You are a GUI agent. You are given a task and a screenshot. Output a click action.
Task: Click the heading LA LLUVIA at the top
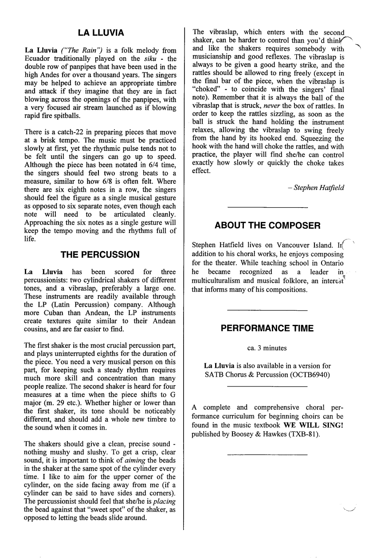(100, 32)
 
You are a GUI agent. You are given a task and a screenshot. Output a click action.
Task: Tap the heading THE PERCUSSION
(100, 255)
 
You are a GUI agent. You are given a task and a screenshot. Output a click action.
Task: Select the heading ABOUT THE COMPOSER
(267, 225)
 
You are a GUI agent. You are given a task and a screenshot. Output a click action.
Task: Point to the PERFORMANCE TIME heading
(267, 328)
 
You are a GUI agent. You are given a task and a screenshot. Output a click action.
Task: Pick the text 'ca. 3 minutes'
(267, 348)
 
